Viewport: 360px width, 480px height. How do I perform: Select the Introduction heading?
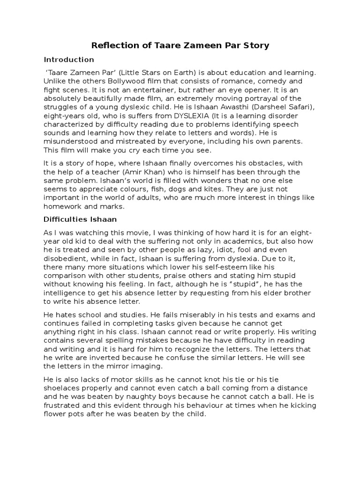[x=69, y=60]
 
